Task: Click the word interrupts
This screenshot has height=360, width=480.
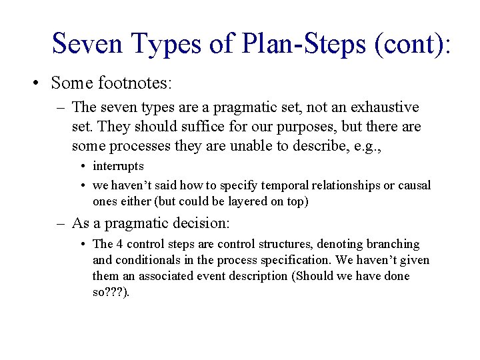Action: (x=118, y=166)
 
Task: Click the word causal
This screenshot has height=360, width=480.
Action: (x=414, y=185)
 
